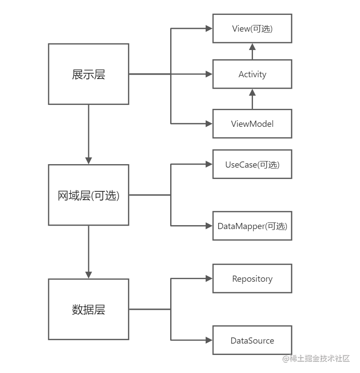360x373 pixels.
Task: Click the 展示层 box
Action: pos(88,74)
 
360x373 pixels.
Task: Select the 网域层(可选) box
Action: pos(88,195)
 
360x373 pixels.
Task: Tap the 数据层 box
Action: pos(88,309)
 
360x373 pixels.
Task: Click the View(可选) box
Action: pos(252,29)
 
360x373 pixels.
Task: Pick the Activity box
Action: pos(252,74)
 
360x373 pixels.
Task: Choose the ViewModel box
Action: pos(252,124)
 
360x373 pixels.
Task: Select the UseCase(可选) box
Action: pos(252,165)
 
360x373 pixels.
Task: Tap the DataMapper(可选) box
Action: pos(252,226)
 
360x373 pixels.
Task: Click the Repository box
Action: pos(252,279)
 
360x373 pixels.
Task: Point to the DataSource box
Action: pos(252,341)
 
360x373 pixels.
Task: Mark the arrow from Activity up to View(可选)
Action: pos(252,51)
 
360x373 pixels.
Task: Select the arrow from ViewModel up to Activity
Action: pos(252,99)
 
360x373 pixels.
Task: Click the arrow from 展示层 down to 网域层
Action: pos(89,134)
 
